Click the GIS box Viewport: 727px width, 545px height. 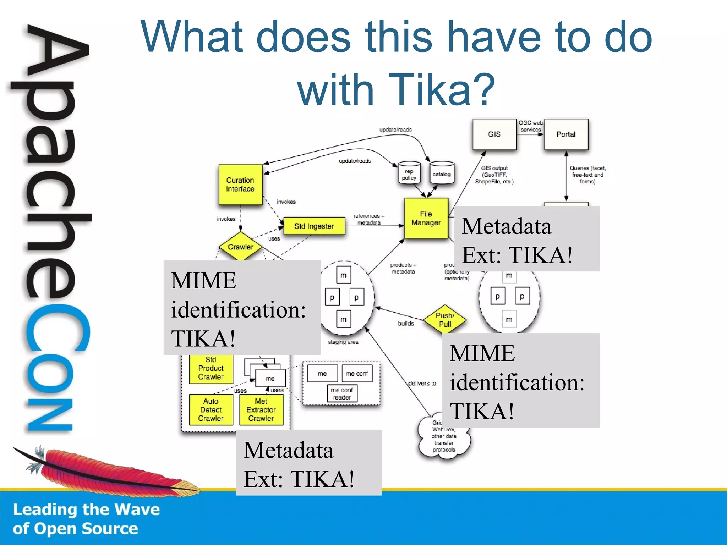494,134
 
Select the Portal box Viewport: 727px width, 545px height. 566,134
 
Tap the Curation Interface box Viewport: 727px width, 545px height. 240,185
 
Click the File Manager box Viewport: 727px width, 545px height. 426,218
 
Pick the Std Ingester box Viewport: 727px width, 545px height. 314,226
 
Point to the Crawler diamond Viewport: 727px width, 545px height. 241,247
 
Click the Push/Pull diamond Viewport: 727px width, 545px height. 445,319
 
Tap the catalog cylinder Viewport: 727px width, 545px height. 442,174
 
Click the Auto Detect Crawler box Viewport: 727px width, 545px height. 211,410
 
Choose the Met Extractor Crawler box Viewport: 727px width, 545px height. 261,410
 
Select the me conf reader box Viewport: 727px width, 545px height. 342,394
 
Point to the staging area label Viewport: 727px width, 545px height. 343,342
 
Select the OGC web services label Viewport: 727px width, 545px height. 530,126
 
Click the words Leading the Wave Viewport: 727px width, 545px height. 86,510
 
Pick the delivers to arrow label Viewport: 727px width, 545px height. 422,383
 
